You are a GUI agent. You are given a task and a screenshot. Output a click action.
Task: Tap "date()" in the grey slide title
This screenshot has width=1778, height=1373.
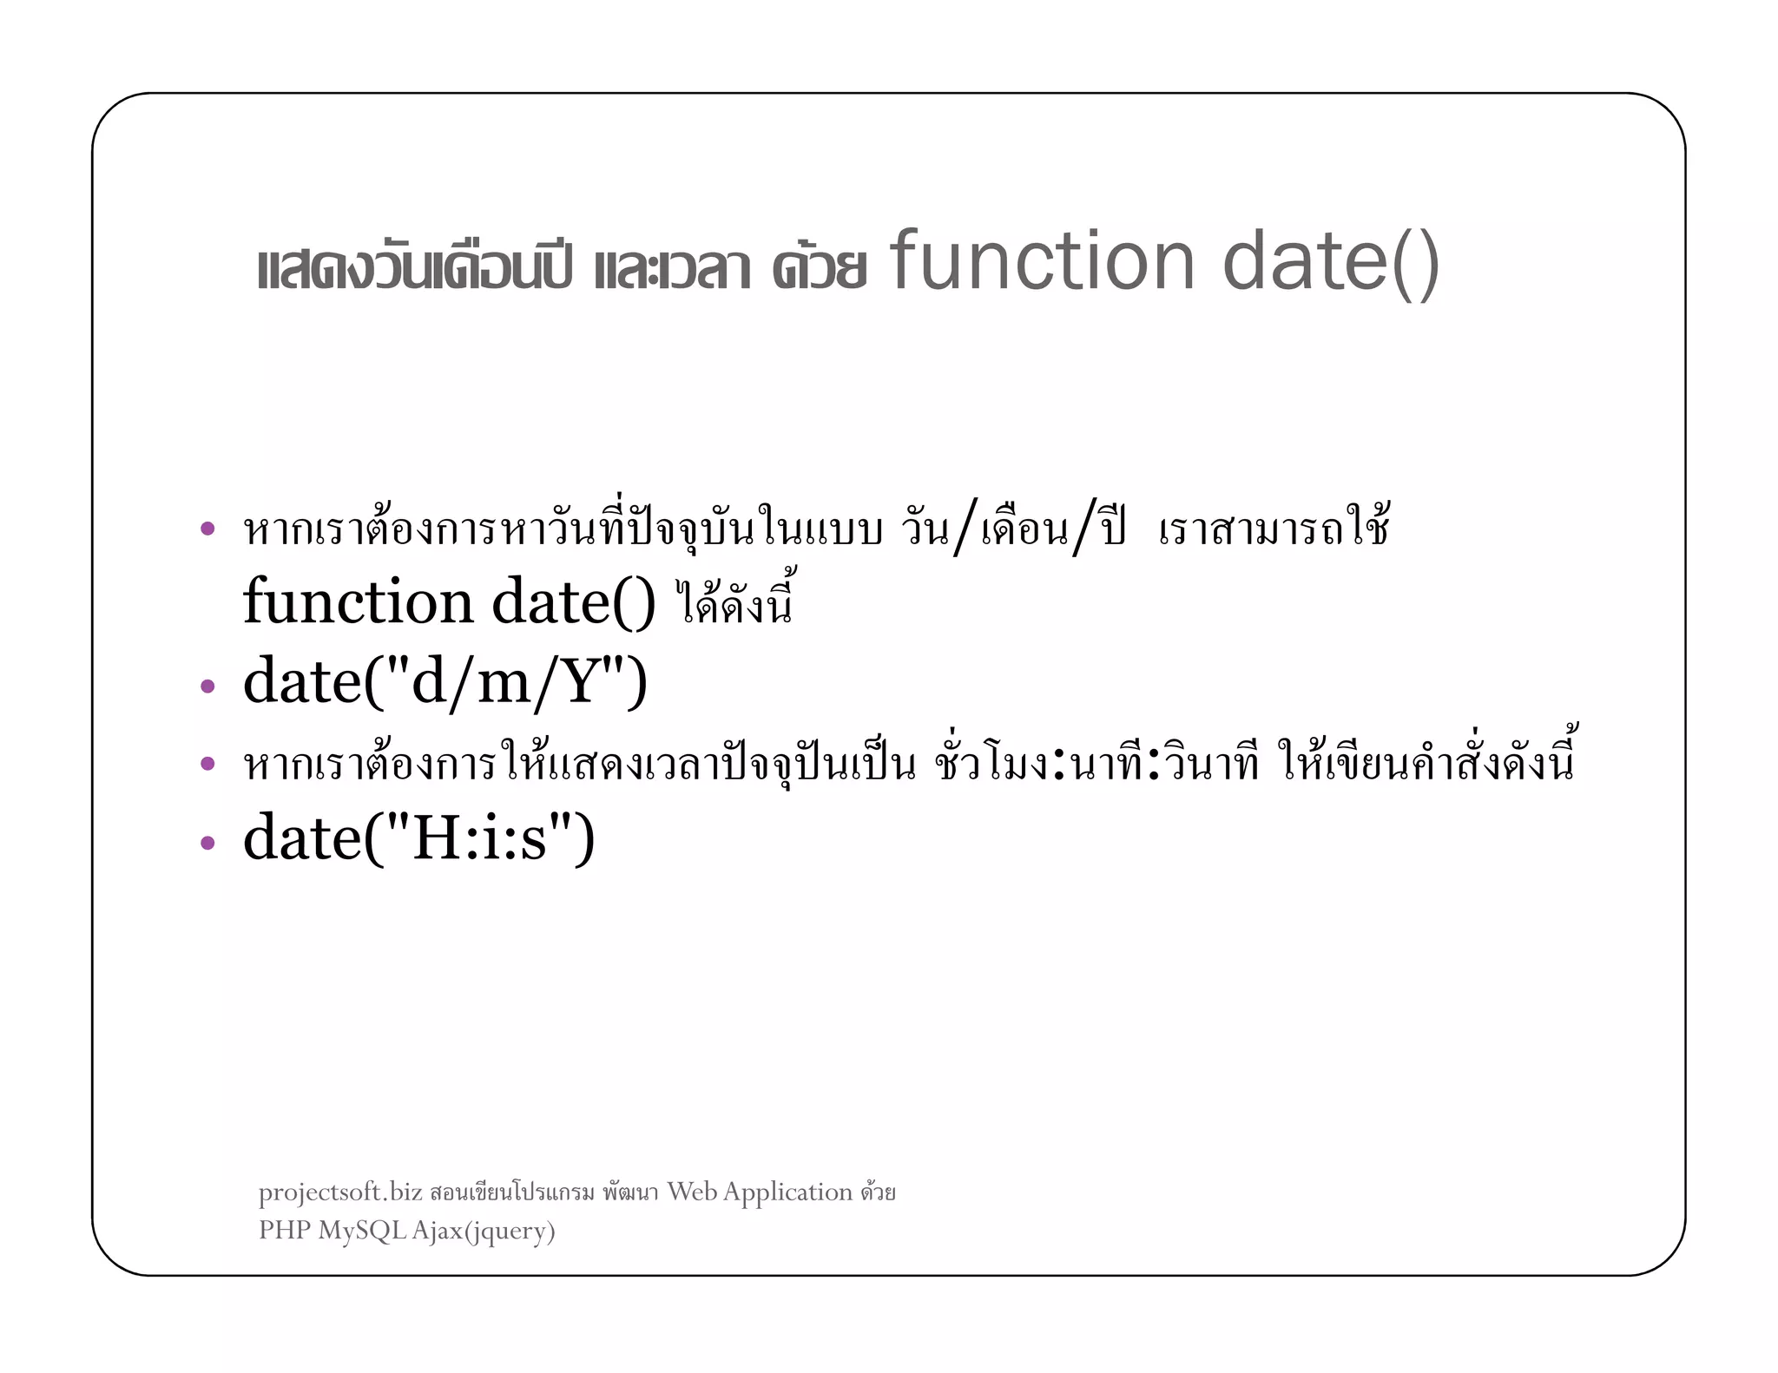coord(1331,262)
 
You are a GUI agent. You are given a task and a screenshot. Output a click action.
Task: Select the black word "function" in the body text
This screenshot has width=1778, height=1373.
coord(358,601)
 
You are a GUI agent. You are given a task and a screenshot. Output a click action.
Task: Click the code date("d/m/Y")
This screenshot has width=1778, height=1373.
coord(444,682)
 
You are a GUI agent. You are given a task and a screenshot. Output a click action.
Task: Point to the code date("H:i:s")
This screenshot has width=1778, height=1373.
coord(418,838)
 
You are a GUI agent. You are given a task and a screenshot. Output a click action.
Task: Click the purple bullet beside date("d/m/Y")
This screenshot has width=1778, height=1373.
coord(207,686)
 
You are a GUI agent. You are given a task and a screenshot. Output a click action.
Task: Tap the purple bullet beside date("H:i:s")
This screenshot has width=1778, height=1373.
coord(207,842)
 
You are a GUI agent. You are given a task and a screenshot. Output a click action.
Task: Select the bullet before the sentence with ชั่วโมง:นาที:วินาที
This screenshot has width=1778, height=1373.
coord(207,764)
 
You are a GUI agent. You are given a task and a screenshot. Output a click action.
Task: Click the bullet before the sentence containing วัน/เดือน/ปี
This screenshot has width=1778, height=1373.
coord(207,528)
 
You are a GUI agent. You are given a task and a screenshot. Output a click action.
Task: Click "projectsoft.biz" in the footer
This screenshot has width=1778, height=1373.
coord(340,1192)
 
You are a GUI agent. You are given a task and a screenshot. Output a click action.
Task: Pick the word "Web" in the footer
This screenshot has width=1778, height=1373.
coord(692,1192)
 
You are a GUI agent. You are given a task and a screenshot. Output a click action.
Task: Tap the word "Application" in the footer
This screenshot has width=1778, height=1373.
coord(787,1192)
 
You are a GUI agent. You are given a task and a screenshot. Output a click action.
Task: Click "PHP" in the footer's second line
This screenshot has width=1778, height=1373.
coord(284,1230)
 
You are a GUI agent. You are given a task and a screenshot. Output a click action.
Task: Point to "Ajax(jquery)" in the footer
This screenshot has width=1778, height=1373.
coord(483,1231)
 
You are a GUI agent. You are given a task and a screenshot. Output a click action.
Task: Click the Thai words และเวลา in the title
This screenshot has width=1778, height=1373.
coord(672,268)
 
